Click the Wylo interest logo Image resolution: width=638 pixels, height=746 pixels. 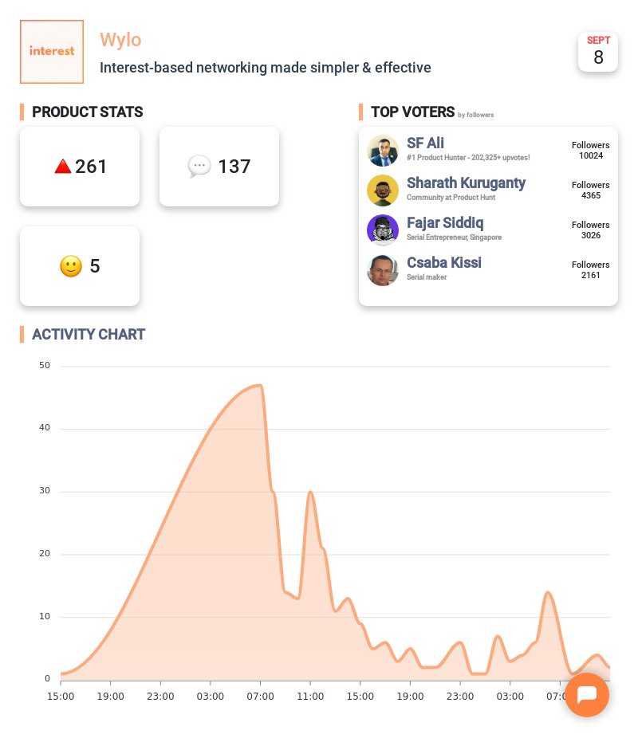(x=52, y=52)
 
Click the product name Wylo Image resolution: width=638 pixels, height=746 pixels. (x=120, y=39)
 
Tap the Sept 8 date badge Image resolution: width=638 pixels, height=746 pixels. (x=598, y=52)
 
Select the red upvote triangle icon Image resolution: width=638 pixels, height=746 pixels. (x=63, y=167)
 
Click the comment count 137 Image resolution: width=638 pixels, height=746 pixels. (x=234, y=167)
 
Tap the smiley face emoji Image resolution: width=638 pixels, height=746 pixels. (x=71, y=266)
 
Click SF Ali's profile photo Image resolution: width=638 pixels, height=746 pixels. (x=383, y=151)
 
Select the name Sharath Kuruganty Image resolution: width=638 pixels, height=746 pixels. (x=466, y=183)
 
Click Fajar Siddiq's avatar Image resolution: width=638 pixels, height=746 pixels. (x=383, y=230)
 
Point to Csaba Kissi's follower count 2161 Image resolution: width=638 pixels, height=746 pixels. (x=590, y=275)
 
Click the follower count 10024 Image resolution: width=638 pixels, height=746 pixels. (x=590, y=155)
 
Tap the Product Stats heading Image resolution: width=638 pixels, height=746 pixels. (x=87, y=112)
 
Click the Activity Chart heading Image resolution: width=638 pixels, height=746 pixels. (x=89, y=335)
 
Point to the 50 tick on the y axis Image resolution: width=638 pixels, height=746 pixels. (x=44, y=366)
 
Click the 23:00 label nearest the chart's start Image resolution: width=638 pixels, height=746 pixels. (x=160, y=697)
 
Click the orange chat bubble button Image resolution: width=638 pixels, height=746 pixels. (x=587, y=695)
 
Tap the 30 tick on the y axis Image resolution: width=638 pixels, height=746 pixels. (x=44, y=491)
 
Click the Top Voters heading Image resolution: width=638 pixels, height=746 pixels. (x=412, y=112)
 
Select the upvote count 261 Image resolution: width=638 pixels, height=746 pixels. (x=91, y=167)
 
